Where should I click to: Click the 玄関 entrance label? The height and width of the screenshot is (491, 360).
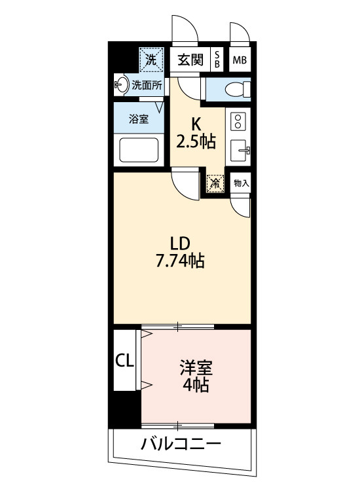[x=192, y=60]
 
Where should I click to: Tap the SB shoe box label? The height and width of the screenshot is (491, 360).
[x=217, y=60]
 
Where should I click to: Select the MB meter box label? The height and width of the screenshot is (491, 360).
[x=240, y=61]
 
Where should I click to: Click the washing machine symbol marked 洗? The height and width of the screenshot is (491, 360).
[x=151, y=60]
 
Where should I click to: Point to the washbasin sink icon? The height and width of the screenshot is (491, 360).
[x=121, y=84]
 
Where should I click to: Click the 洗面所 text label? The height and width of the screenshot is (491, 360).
[x=146, y=84]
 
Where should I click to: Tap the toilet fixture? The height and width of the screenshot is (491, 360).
[x=234, y=88]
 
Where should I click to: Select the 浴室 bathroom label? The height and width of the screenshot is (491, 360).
[x=138, y=120]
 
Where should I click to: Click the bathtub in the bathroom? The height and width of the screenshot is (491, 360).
[x=139, y=151]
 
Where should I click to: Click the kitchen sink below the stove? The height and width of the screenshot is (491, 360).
[x=240, y=151]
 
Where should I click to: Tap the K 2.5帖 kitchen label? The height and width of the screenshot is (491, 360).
[x=195, y=134]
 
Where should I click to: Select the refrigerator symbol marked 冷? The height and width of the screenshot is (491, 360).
[x=214, y=184]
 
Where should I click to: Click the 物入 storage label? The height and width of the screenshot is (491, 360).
[x=240, y=183]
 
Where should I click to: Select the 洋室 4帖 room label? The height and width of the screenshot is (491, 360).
[x=196, y=376]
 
